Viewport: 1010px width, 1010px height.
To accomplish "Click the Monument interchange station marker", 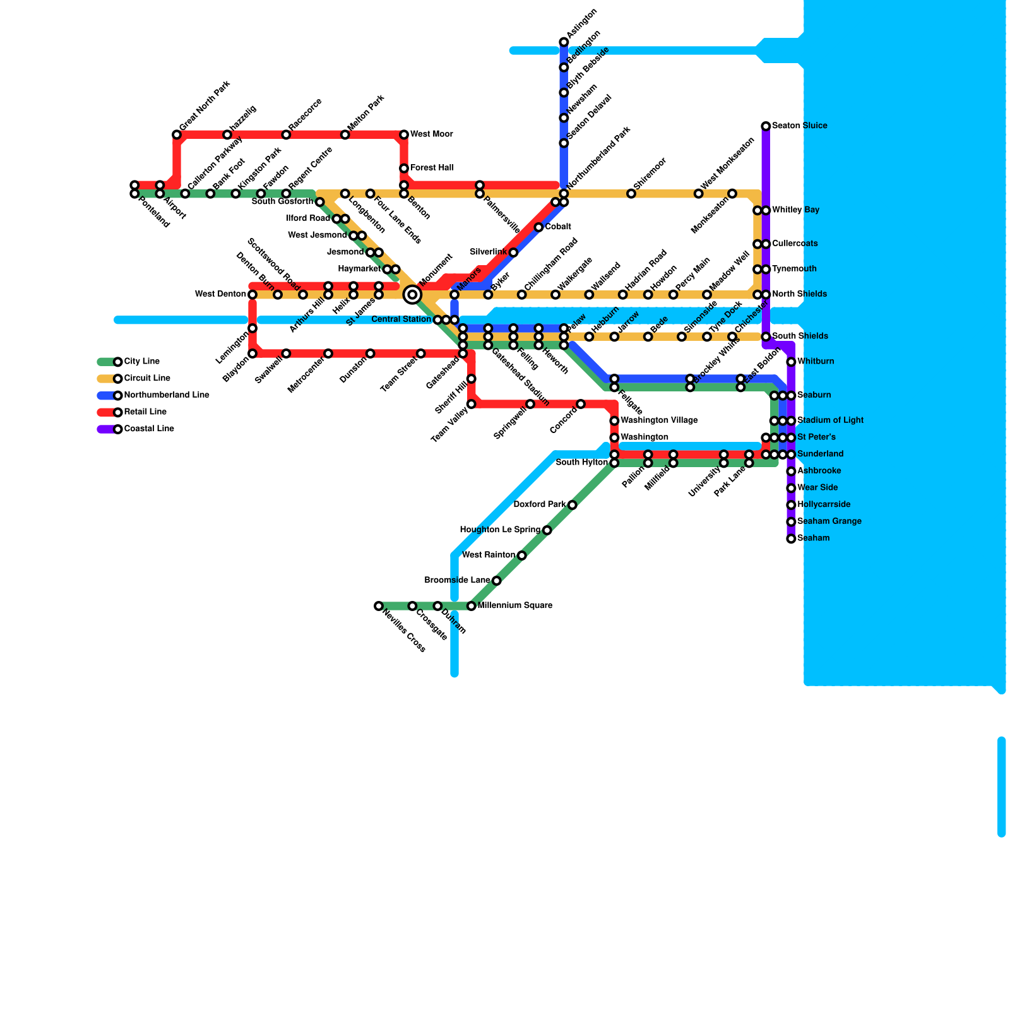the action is (x=412, y=294).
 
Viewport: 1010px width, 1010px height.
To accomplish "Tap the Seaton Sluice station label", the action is (x=799, y=126).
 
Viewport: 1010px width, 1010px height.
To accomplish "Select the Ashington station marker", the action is (x=564, y=42).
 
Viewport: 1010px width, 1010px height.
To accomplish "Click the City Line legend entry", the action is (x=141, y=362).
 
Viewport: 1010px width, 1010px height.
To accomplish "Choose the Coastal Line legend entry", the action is (x=148, y=429).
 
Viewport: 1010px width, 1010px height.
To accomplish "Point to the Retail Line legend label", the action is (x=145, y=412).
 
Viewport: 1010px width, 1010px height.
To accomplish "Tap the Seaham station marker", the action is (x=791, y=538).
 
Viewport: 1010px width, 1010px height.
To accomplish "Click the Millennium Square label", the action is (x=514, y=606).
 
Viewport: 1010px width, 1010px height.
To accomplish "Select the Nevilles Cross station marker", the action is (x=379, y=606).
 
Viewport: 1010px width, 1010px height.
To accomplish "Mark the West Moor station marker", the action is (x=404, y=134).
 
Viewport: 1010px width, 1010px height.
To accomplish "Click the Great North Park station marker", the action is (x=177, y=134).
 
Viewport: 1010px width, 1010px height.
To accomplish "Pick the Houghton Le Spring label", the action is (x=500, y=530).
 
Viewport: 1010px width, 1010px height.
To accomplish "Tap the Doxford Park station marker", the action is (x=572, y=505).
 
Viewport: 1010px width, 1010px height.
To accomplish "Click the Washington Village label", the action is (x=659, y=420).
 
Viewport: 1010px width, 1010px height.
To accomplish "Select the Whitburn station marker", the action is (x=791, y=362).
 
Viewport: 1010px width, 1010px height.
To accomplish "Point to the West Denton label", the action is (x=220, y=294).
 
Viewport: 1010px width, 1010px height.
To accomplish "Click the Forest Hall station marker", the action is (x=404, y=169).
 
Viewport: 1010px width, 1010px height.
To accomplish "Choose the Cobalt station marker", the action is (x=538, y=227).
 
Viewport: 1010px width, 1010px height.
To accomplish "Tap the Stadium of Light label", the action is (x=830, y=420).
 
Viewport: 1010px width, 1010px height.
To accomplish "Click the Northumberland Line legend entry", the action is (x=166, y=395).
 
